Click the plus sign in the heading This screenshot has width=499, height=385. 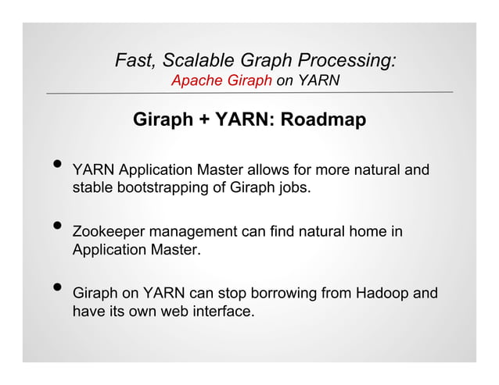pyautogui.click(x=203, y=121)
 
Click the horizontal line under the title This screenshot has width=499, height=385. pyautogui.click(x=249, y=93)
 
